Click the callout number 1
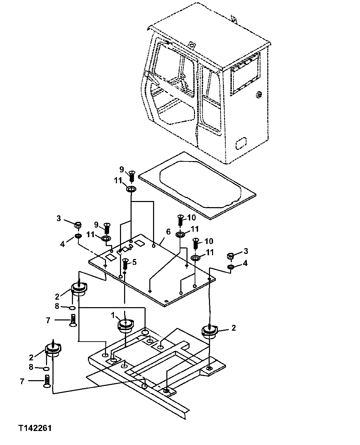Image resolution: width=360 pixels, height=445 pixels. pos(112,315)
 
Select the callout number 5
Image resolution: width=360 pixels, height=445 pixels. pos(134,262)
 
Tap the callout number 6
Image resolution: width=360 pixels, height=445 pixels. pos(168,232)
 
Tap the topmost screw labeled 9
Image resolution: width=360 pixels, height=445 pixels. pos(132,177)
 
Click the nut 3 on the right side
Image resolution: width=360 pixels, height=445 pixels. pos(230,256)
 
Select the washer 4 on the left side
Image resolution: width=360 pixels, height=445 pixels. pos(78,236)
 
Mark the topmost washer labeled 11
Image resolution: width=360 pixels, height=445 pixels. pos(131,189)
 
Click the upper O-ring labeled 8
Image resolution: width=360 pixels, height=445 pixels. pos(72,308)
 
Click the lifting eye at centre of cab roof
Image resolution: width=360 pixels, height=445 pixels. pos(192,45)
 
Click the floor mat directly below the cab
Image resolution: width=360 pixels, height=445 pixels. pos(198,186)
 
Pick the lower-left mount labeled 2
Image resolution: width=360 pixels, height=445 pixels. pos(53,350)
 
